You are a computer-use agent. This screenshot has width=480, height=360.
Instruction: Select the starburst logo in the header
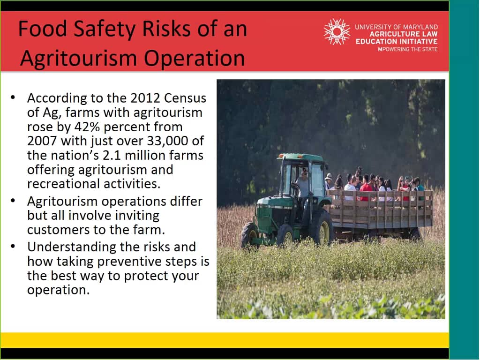(x=337, y=31)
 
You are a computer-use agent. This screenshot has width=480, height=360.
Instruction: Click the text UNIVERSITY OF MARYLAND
(x=396, y=27)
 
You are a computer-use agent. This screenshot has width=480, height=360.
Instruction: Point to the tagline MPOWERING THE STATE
(x=408, y=49)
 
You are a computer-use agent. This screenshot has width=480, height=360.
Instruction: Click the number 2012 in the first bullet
(x=145, y=98)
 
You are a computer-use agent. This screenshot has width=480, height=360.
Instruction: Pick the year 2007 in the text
(x=42, y=141)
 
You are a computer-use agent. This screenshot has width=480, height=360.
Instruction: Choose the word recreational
(x=63, y=184)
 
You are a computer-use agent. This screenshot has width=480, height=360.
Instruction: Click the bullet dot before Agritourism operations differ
(x=13, y=201)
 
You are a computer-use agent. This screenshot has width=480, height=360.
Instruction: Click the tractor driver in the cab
(x=302, y=184)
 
